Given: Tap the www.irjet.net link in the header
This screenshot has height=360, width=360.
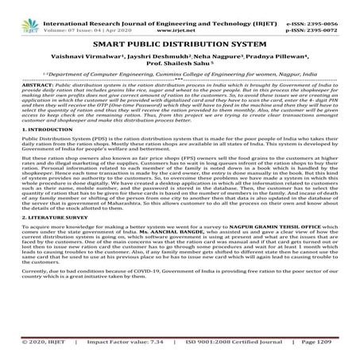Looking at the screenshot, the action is click(x=178, y=14).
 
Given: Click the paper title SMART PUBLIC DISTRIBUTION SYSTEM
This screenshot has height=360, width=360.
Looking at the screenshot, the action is click(x=180, y=29).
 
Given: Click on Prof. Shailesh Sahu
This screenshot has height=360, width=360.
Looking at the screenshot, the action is click(x=180, y=54).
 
